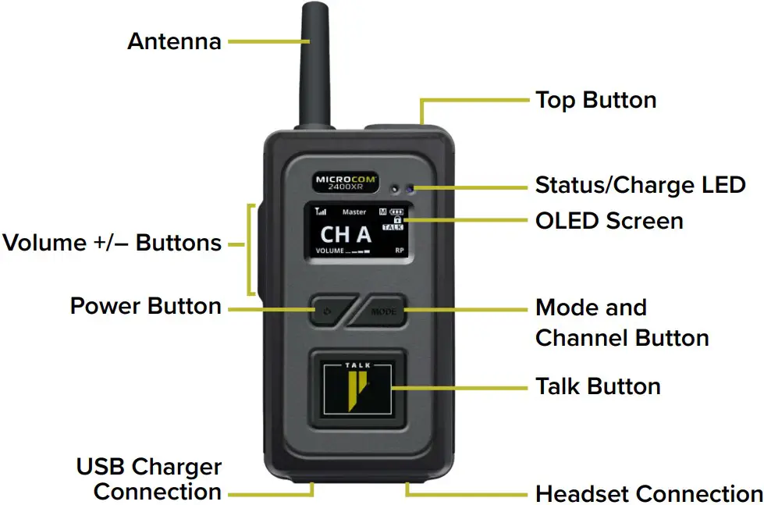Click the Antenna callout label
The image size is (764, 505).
click(174, 41)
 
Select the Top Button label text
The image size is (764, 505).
click(595, 100)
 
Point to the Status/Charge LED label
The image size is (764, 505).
click(640, 186)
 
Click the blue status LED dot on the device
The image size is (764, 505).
click(410, 189)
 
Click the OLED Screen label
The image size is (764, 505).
click(609, 221)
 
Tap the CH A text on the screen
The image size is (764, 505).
click(346, 233)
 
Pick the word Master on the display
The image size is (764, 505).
click(354, 212)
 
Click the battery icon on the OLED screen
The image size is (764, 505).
click(398, 212)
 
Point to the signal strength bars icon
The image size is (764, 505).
click(321, 212)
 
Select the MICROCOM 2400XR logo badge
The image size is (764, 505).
click(346, 182)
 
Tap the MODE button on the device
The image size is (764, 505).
click(384, 311)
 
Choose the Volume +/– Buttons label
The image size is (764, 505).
click(112, 243)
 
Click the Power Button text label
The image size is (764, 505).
click(146, 305)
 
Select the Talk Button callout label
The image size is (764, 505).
click(598, 386)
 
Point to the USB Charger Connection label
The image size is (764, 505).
click(149, 479)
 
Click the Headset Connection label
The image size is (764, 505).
click(649, 494)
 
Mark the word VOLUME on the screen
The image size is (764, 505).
click(329, 251)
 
